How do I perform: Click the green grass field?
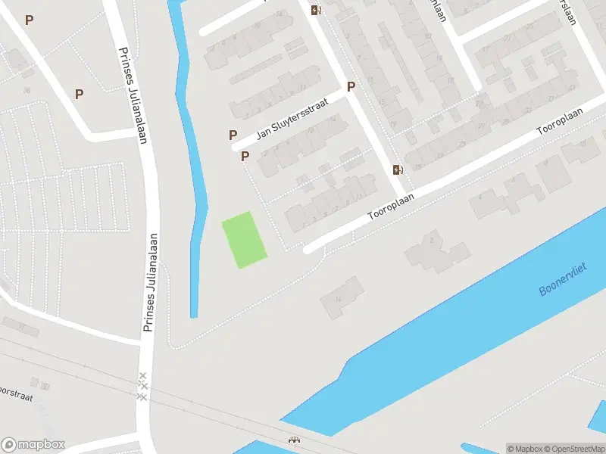[x=244, y=239]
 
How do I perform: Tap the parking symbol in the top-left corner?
[x=30, y=20]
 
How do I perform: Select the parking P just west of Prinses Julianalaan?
[x=79, y=94]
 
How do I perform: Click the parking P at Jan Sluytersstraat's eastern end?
[x=351, y=86]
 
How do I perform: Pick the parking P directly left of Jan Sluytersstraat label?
[x=233, y=135]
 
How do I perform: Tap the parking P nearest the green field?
[x=245, y=156]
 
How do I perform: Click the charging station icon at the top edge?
[x=316, y=10]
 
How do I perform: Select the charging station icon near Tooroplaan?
[x=398, y=169]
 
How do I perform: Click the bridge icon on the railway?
[x=293, y=439]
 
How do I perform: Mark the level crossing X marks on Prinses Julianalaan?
[x=142, y=386]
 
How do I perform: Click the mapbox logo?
[x=33, y=445]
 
